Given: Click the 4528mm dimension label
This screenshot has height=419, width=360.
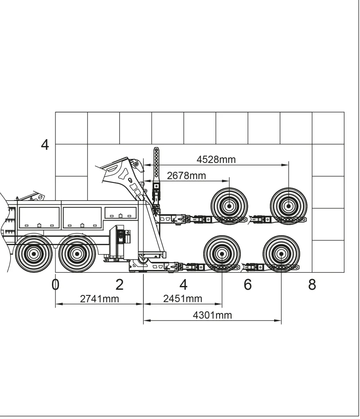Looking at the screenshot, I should [216, 160].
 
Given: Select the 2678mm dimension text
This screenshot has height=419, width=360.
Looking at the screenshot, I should [186, 176].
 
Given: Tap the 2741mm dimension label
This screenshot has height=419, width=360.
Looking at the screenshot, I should [99, 299].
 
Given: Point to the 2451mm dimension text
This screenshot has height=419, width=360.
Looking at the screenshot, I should [182, 299].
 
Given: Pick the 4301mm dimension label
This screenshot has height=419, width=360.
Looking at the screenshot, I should [212, 315].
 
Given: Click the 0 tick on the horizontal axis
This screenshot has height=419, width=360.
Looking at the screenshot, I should [56, 284].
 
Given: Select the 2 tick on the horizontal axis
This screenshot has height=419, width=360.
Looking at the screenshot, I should [119, 284].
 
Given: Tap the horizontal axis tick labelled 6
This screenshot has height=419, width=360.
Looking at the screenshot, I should [248, 284].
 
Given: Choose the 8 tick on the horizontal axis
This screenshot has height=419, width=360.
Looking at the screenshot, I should [312, 284].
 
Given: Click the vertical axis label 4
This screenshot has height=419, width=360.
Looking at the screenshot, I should [45, 145].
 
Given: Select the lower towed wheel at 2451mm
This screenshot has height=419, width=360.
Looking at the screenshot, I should [222, 254].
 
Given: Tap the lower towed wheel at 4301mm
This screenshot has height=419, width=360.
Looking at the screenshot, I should [281, 254].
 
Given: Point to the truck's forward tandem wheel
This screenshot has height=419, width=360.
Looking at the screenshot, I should [34, 254].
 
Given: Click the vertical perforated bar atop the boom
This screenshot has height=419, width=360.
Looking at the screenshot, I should [156, 164].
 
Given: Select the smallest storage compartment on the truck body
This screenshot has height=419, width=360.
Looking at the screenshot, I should [121, 213].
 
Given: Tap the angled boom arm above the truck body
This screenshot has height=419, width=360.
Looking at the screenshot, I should [123, 176].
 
